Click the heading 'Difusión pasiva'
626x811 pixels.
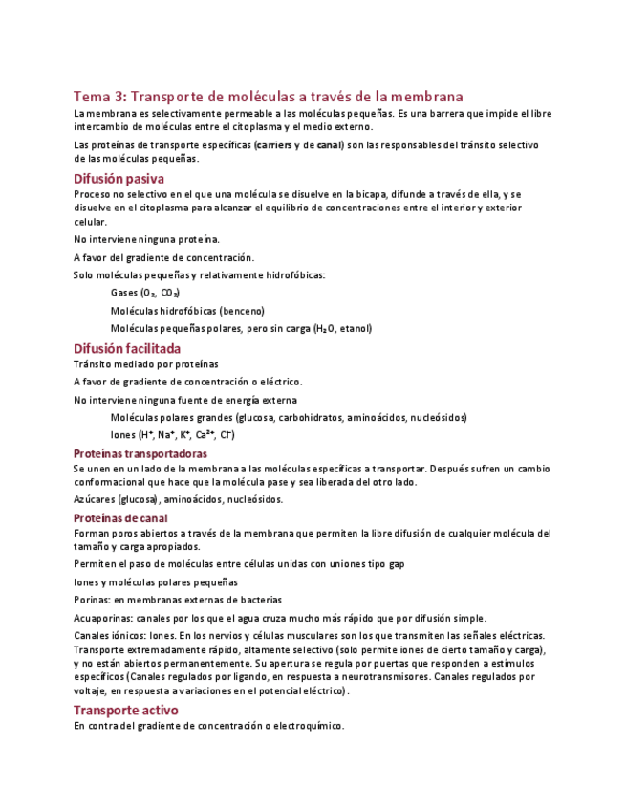coord(119,179)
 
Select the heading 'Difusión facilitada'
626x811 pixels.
coord(127,349)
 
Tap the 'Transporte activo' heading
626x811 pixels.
coord(125,711)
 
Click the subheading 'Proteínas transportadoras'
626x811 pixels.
coord(140,453)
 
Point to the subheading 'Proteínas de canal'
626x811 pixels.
coord(120,517)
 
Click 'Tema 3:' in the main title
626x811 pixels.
coord(98,97)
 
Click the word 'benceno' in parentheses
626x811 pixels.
coord(241,311)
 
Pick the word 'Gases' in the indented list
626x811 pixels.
coord(124,293)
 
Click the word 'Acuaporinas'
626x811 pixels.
coord(102,618)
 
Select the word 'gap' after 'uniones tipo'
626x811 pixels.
coord(396,564)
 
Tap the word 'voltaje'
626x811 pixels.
coord(91,690)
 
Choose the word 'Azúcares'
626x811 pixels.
coord(95,499)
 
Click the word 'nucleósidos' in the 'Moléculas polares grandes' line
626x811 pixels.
coord(439,417)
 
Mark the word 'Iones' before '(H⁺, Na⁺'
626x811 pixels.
coord(123,435)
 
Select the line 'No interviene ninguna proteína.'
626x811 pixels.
coord(146,239)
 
